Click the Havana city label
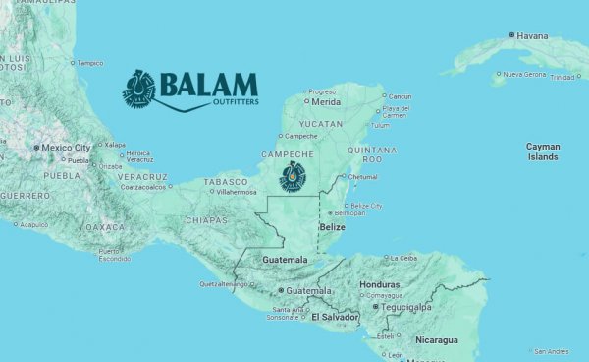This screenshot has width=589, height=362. click(533, 36)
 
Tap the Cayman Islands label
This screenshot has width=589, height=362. click(543, 151)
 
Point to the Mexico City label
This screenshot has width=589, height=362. click(68, 148)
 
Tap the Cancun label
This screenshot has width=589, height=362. click(401, 96)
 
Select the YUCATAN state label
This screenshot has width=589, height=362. click(321, 124)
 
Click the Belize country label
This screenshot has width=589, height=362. click(333, 227)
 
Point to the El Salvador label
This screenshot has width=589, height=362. click(334, 317)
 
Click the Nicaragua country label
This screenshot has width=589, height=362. click(435, 340)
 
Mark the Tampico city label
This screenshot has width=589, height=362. click(90, 63)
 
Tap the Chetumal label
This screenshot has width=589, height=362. click(363, 177)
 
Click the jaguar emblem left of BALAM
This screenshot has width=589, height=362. click(139, 87)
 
